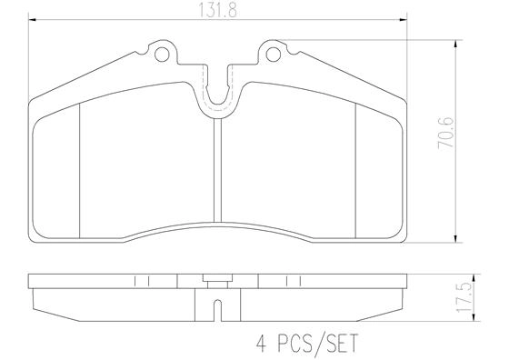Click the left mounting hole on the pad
tap(164, 55)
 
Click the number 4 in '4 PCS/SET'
tap(259, 344)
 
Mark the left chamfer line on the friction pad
tap(82, 168)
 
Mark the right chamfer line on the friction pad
tap(354, 168)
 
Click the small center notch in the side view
tap(218, 308)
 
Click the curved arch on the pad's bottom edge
tap(218, 227)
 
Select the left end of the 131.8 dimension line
tap(30, 21)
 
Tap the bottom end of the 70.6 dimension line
tap(454, 244)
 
